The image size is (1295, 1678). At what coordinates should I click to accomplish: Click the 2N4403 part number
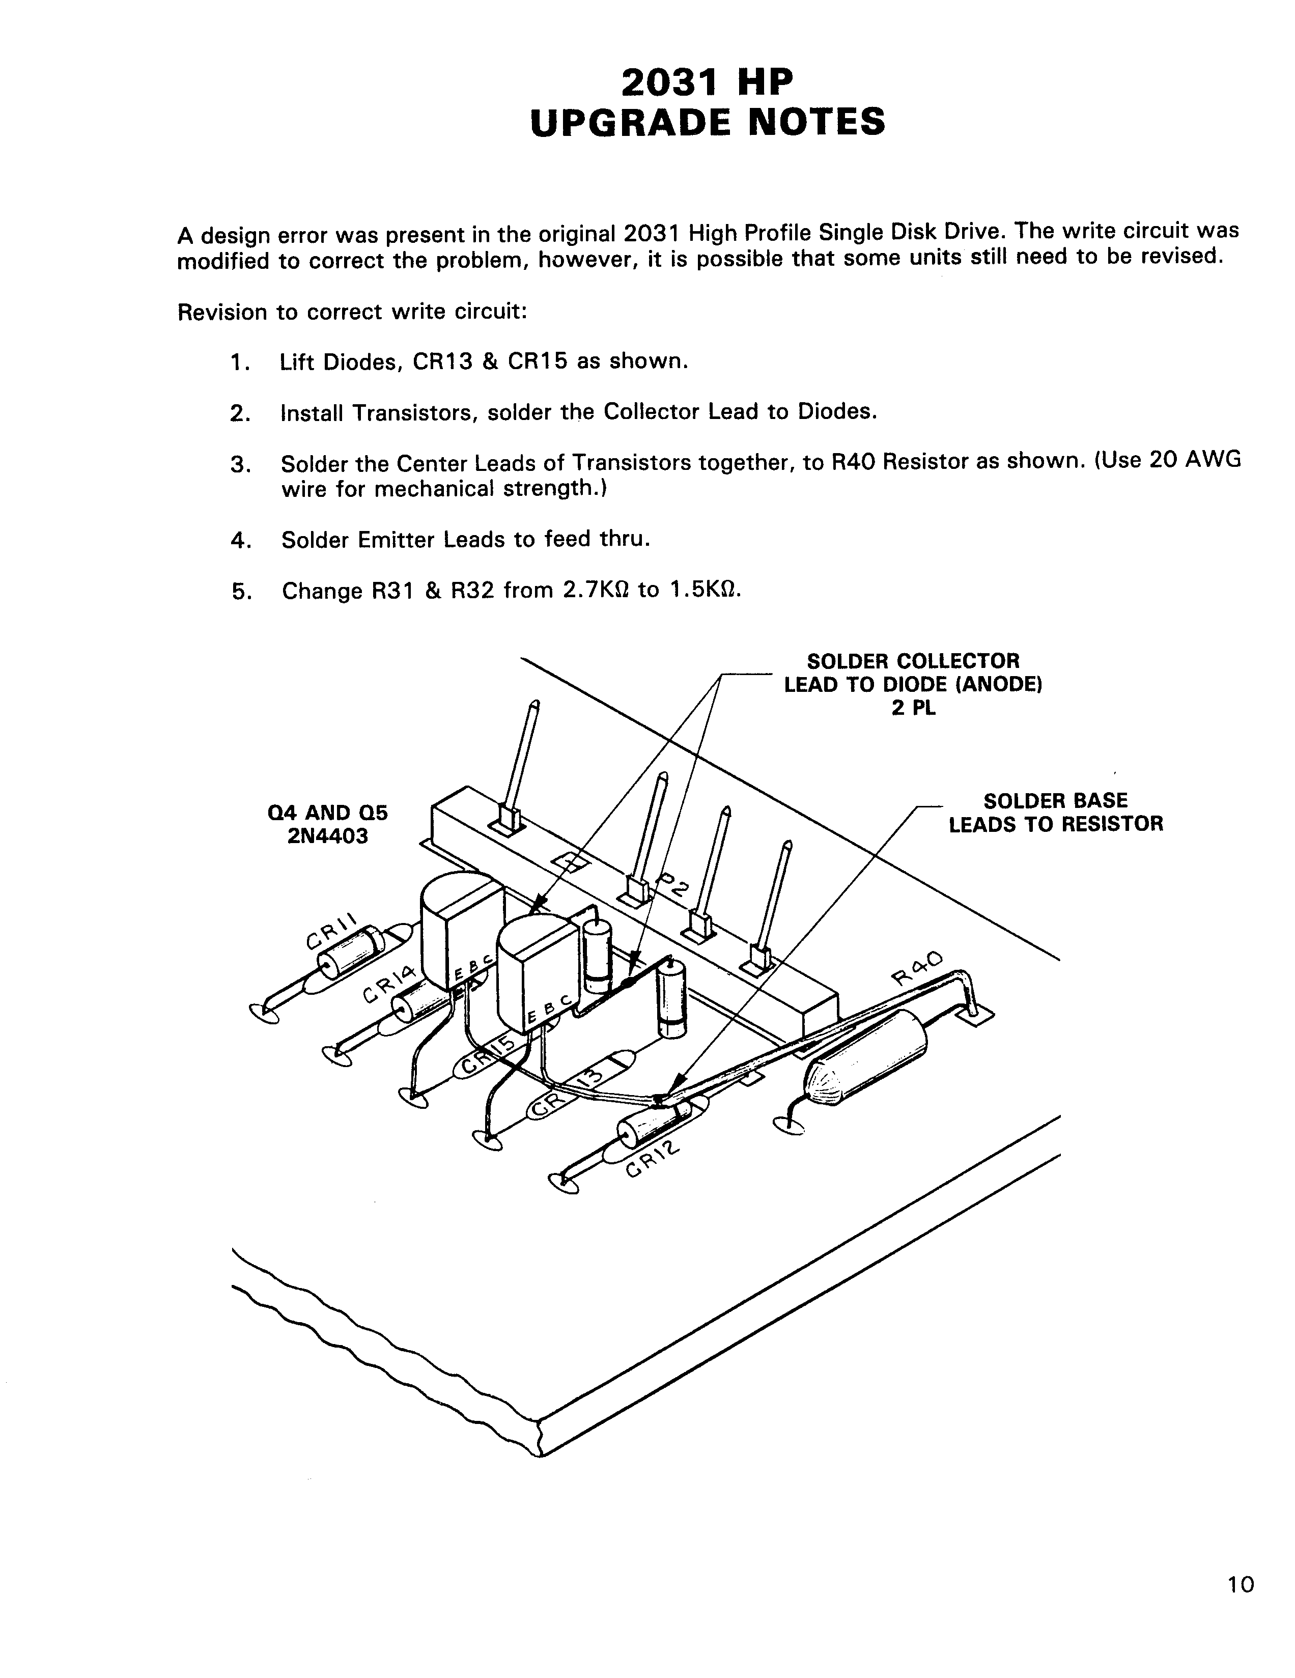(327, 836)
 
